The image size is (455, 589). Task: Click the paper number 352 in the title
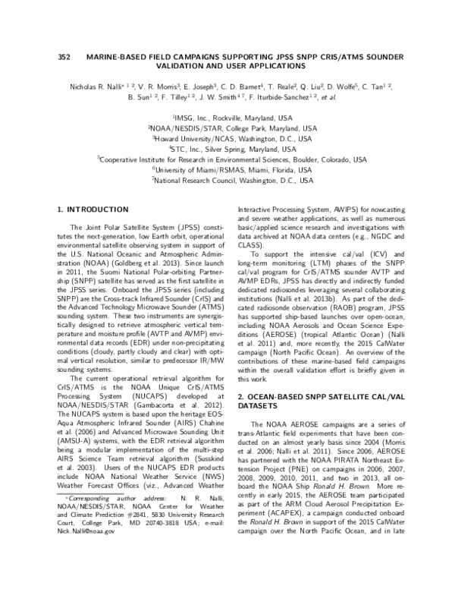[x=64, y=58]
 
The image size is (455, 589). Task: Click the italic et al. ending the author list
[x=328, y=98]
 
